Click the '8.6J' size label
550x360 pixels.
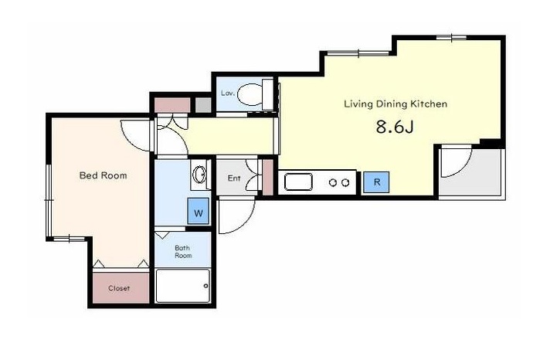(x=395, y=127)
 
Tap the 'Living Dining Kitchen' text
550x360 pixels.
(x=396, y=104)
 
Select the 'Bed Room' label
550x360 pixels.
(x=104, y=175)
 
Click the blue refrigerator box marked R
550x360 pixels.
(x=376, y=182)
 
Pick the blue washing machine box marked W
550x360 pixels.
(x=199, y=211)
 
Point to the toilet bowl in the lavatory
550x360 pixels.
(x=250, y=94)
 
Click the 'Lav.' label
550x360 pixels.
(x=227, y=93)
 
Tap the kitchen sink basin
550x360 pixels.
(x=298, y=182)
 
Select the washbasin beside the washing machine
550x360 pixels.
(x=200, y=174)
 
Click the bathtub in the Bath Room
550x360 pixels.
(x=183, y=286)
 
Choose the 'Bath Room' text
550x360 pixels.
(x=183, y=252)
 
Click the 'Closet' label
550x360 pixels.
(x=119, y=288)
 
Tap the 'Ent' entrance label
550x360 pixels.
(x=234, y=178)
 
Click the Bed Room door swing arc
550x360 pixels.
(x=131, y=141)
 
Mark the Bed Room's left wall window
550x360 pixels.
(x=49, y=200)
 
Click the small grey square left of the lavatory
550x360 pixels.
(x=203, y=105)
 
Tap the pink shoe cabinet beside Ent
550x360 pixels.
(x=267, y=178)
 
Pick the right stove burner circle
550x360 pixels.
(x=345, y=183)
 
